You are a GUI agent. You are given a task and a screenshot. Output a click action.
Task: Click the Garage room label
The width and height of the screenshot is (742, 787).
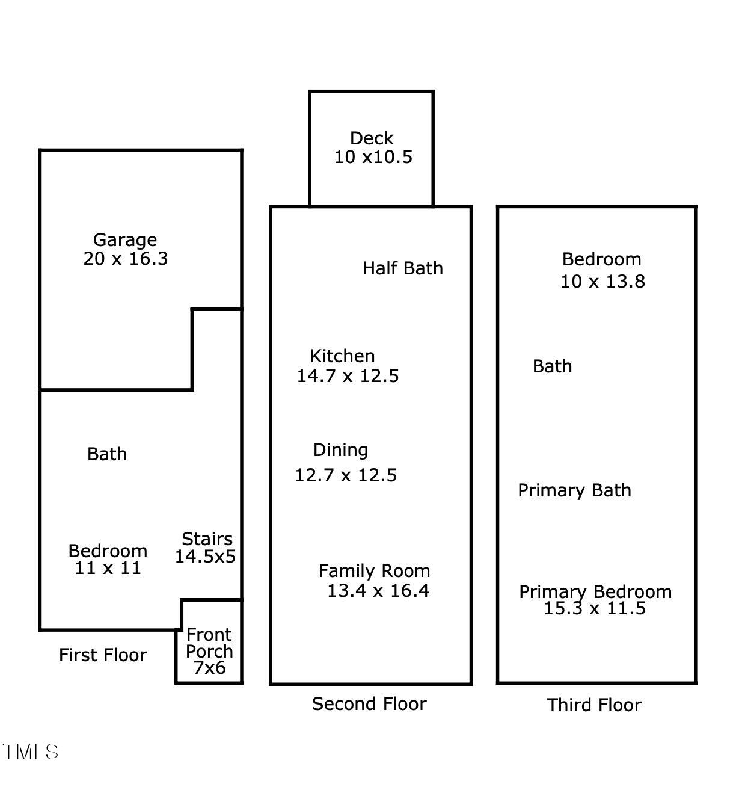[x=125, y=240]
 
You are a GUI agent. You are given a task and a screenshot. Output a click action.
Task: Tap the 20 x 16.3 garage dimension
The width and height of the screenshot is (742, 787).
[x=126, y=259]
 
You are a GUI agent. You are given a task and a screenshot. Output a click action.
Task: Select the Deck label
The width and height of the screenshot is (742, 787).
[x=372, y=138]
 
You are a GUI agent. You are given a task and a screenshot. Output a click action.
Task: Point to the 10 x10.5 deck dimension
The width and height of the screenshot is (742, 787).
[x=373, y=157]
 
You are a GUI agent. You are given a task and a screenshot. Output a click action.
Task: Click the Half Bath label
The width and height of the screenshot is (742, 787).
[x=402, y=268]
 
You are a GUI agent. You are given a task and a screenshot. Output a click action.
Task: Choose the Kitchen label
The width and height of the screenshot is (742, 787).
[x=342, y=356]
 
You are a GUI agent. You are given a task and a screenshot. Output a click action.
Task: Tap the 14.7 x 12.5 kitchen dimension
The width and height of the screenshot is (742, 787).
[x=348, y=376]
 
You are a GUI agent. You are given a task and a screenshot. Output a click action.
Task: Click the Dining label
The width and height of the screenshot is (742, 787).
[x=340, y=450]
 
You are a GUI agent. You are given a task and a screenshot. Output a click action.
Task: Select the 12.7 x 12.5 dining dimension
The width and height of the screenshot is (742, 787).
[x=346, y=475]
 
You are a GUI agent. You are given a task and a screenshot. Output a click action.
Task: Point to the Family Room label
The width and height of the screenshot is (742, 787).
[x=374, y=570]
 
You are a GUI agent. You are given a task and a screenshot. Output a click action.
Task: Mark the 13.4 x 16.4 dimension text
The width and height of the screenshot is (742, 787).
[x=378, y=591]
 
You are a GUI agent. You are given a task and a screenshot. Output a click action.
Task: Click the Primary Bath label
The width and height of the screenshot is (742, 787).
[x=574, y=490]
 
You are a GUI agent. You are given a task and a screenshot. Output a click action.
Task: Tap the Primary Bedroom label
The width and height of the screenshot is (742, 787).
[x=595, y=591]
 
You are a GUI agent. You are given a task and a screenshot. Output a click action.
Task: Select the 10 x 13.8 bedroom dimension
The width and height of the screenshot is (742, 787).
[x=602, y=282]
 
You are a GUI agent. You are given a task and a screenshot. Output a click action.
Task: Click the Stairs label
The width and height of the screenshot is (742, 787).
[x=207, y=539]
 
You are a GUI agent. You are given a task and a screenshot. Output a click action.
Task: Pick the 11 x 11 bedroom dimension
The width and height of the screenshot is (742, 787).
[x=108, y=568]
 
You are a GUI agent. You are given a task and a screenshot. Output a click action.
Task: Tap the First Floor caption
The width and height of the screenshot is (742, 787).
[x=103, y=655]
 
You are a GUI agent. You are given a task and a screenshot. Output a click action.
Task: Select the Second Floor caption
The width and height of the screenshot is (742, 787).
[x=369, y=704]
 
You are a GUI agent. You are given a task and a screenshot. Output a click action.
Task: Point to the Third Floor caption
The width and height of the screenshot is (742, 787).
[x=594, y=705]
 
